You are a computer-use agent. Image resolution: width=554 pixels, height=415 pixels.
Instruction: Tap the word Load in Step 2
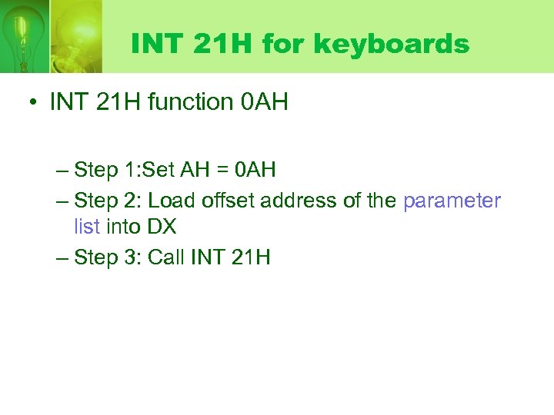point(172,201)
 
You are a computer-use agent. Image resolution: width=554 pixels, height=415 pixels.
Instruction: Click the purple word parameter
point(452,201)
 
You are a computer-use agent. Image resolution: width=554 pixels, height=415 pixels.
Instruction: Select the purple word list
point(87,227)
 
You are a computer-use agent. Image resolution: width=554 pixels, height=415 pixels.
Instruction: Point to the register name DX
point(162,227)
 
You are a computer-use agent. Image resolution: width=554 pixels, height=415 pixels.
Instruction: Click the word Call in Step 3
point(165,257)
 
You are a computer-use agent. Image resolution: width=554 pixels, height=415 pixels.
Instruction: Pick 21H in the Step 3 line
point(250,257)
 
